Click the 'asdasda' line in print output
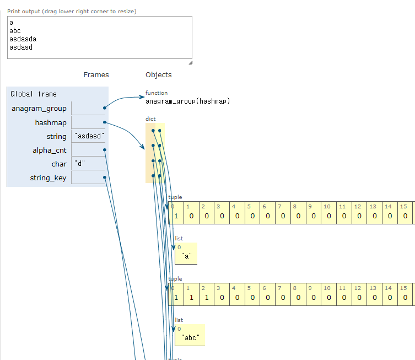click(23, 39)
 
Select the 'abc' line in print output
click(15, 31)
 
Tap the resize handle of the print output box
click(191, 63)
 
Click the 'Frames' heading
click(96, 74)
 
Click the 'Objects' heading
click(159, 74)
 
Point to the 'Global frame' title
click(34, 94)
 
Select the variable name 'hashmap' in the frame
click(51, 123)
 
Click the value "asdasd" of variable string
click(89, 136)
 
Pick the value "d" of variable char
click(80, 163)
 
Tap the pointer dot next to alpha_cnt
click(105, 150)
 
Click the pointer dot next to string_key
click(105, 178)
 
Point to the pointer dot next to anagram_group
click(105, 108)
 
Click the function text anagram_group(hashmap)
click(187, 101)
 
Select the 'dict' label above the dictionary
click(150, 119)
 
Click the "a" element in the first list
click(187, 256)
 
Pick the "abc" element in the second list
click(190, 338)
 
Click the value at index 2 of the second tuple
click(207, 298)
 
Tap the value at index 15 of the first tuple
click(405, 216)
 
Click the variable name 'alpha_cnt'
click(50, 151)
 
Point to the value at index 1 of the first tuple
click(191, 216)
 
